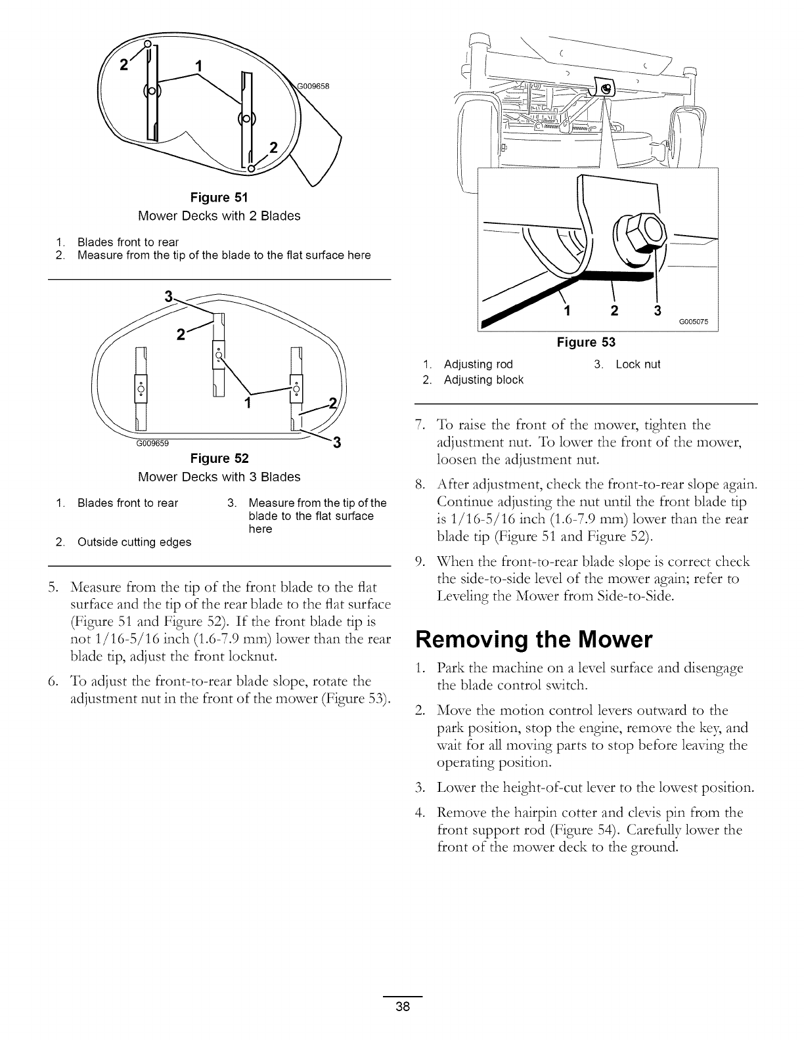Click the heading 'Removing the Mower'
tap(534, 639)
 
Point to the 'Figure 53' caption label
tap(586, 342)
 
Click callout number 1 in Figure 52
tap(248, 402)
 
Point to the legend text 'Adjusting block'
tap(483, 380)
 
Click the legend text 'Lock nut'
tap(637, 364)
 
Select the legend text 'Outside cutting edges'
tap(134, 542)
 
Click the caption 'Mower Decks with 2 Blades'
tap(219, 216)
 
